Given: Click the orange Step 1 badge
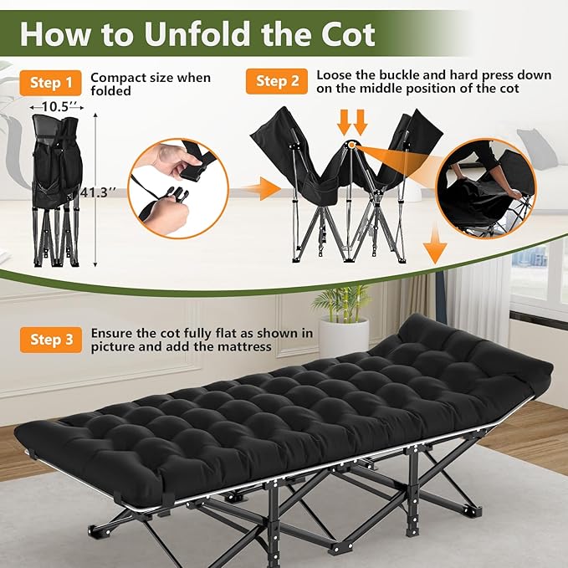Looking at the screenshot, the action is (x=51, y=83).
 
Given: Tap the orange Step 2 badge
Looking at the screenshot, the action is (x=277, y=81).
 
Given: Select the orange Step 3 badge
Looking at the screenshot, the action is (x=51, y=340).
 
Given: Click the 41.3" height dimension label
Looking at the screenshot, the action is (x=94, y=192).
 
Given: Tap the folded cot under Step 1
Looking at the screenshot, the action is (x=57, y=191).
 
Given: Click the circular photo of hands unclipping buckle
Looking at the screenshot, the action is (x=178, y=188).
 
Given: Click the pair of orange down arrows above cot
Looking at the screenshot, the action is (x=352, y=123).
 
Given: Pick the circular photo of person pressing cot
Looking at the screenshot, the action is (x=485, y=188).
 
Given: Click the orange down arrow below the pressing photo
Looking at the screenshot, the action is (x=435, y=243).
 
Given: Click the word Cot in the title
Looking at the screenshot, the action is (x=347, y=34).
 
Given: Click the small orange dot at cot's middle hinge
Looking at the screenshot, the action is (x=351, y=145).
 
